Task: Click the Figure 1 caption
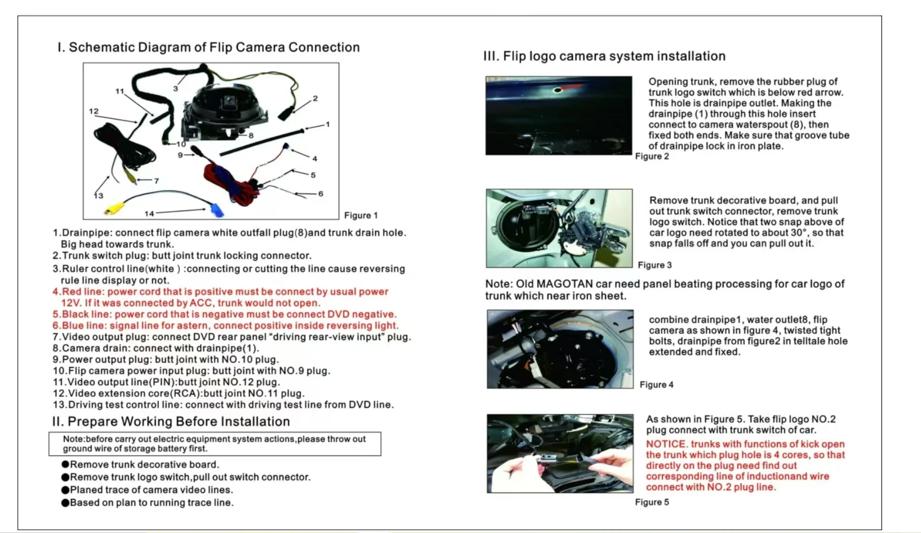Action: click(361, 216)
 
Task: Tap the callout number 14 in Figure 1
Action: click(149, 214)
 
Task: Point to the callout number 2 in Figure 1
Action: click(315, 98)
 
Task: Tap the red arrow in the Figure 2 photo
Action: click(571, 87)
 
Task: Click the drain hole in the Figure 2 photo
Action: click(558, 90)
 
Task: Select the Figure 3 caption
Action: click(655, 265)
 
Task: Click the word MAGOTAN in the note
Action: click(559, 284)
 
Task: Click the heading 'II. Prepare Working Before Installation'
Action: click(171, 422)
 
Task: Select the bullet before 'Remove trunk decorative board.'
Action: click(65, 464)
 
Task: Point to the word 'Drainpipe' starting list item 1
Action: click(87, 233)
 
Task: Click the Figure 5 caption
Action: click(652, 502)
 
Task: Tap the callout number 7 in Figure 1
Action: click(156, 181)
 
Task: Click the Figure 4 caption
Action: click(657, 384)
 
